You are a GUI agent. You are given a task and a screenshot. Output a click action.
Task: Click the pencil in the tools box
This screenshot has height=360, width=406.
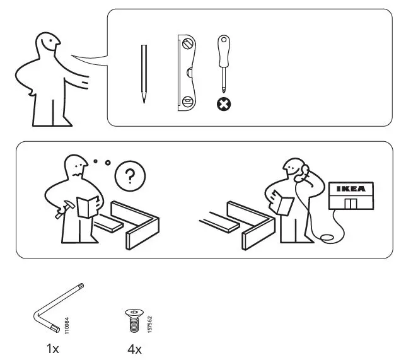point(144,74)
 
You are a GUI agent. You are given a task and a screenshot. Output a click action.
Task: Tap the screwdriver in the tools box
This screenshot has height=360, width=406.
point(222,63)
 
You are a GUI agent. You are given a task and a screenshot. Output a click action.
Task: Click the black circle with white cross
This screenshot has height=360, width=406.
point(223,105)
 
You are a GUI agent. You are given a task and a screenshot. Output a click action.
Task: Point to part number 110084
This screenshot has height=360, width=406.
point(67,325)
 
